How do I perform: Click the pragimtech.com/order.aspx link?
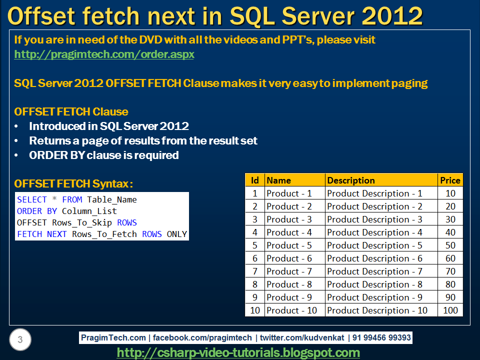click(x=104, y=54)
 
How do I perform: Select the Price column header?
click(x=450, y=180)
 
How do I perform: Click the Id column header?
click(x=254, y=180)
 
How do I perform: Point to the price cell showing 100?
click(x=450, y=310)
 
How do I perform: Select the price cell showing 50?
click(x=450, y=245)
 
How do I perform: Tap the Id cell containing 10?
click(x=255, y=310)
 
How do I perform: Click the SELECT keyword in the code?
click(x=32, y=199)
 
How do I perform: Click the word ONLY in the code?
click(x=177, y=234)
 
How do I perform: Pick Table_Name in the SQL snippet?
click(x=112, y=199)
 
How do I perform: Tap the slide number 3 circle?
click(x=20, y=340)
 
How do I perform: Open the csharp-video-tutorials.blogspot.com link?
click(x=238, y=352)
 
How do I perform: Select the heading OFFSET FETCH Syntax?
click(x=73, y=184)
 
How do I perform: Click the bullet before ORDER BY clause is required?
click(x=18, y=155)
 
